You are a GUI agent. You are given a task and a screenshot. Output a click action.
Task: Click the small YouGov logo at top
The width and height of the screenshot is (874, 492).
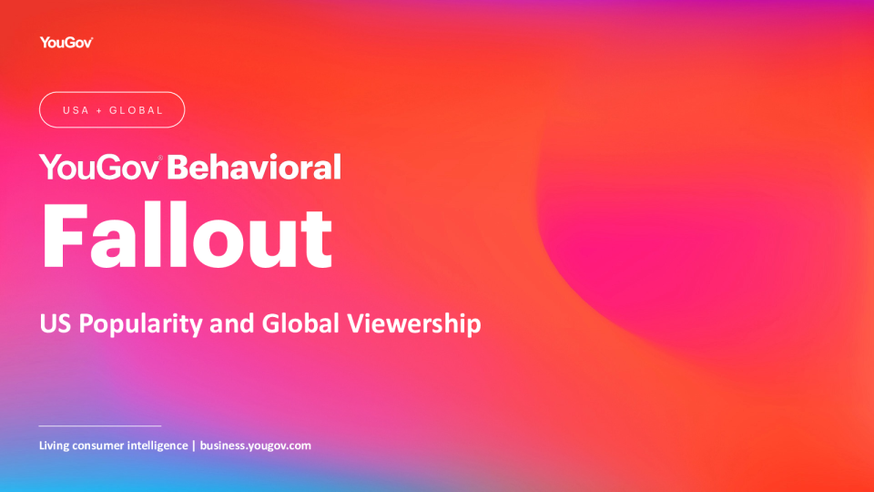point(66,42)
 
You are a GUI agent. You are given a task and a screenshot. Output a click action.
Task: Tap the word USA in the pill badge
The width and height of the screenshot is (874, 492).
point(76,110)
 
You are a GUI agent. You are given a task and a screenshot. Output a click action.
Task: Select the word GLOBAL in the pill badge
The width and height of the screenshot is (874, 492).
point(136,110)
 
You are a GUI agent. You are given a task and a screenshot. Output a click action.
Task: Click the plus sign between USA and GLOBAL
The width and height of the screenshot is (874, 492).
point(99,110)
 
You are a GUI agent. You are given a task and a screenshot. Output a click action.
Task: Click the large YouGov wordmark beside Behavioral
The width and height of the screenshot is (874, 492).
point(100,167)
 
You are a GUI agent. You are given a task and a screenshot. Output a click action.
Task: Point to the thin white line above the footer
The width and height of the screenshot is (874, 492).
point(100,425)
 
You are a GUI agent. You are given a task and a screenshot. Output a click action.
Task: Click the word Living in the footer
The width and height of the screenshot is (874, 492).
point(56,446)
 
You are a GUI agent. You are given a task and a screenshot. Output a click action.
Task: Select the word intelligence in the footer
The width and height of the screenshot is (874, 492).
point(156,446)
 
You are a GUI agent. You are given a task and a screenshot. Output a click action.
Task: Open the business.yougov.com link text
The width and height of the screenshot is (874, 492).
point(256,446)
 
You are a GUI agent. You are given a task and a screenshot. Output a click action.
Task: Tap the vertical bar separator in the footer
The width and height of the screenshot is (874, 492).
point(193,446)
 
